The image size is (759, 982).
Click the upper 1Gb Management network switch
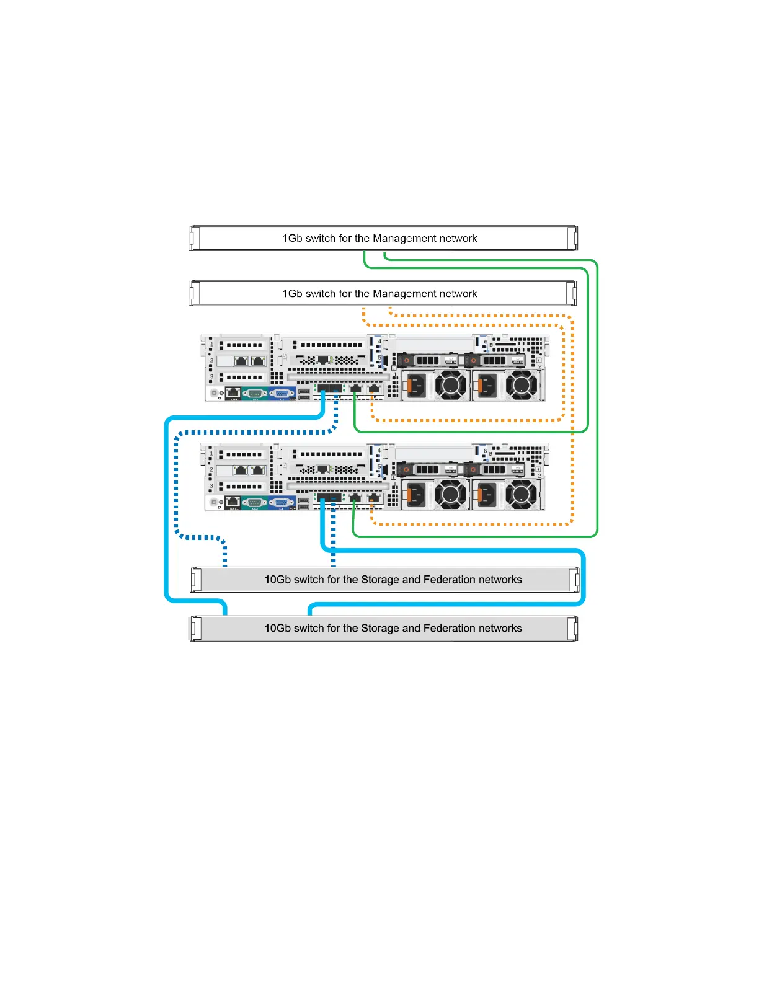coord(383,238)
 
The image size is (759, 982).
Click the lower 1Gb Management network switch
coord(383,293)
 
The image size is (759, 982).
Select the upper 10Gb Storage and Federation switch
coord(384,580)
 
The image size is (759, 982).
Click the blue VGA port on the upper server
coord(281,392)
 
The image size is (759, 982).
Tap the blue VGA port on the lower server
coord(281,502)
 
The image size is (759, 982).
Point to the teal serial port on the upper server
coord(254,392)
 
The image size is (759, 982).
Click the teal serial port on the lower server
coord(254,502)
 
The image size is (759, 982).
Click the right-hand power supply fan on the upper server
coord(522,386)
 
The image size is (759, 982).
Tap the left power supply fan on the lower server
coord(451,495)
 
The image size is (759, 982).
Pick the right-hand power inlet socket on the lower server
coord(487,495)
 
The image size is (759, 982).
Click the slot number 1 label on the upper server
coord(211,345)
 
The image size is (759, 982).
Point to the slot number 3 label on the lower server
coord(211,486)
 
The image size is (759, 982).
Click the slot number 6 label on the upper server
coord(486,342)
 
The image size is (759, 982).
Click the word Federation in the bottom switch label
coord(447,628)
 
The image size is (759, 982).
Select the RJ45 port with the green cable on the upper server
coord(355,389)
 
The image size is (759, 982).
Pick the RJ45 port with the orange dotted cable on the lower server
coord(373,498)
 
